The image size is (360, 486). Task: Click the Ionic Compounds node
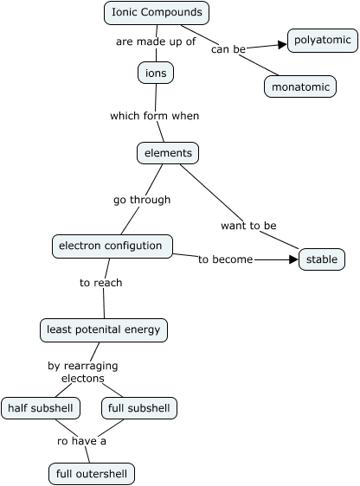tap(157, 13)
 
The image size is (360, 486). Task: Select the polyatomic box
tap(322, 41)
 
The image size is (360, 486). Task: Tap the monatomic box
tap(300, 87)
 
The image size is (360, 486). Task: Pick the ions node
tap(156, 73)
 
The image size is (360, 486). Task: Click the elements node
tap(168, 153)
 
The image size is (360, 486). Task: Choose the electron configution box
tap(110, 246)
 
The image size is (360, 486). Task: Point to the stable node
tap(322, 259)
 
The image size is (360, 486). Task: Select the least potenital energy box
tap(104, 329)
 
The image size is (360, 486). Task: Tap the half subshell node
tap(41, 407)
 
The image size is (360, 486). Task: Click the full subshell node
tap(139, 407)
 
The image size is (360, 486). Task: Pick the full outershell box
tap(92, 474)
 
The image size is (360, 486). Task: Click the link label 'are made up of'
tap(156, 41)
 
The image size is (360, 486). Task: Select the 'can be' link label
tap(228, 49)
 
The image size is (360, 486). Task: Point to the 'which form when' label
tap(154, 115)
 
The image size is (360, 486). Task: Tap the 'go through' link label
tap(142, 200)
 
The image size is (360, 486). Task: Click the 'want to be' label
tap(248, 226)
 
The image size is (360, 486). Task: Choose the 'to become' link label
tap(225, 259)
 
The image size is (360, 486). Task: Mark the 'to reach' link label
tap(101, 283)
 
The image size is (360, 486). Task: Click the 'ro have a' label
tap(81, 441)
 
